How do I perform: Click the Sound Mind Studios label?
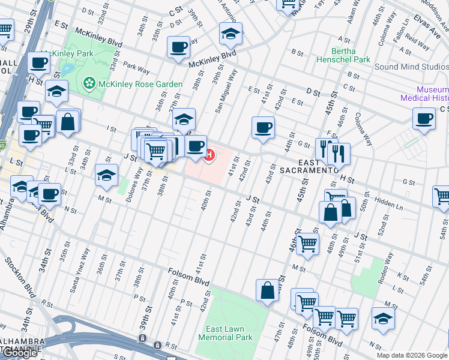pyautogui.click(x=411, y=67)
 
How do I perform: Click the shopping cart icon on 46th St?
pyautogui.click(x=307, y=244)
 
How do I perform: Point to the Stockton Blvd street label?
pyautogui.click(x=21, y=277)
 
